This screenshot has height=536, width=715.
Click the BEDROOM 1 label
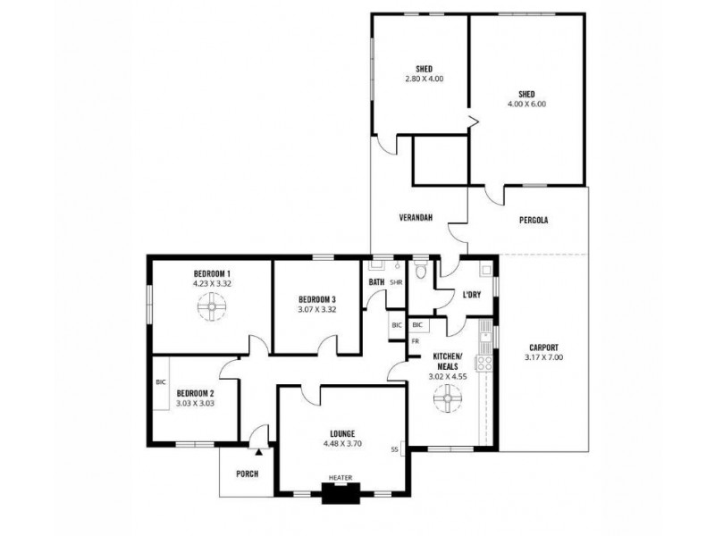tap(212, 273)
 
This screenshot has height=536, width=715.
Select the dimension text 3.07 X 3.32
tap(317, 309)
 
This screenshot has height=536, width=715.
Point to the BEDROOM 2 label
tap(194, 393)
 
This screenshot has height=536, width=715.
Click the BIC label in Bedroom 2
tap(160, 382)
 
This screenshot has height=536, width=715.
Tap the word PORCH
tap(246, 473)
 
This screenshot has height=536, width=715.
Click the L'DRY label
tap(471, 296)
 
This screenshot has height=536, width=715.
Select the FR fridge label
tap(415, 341)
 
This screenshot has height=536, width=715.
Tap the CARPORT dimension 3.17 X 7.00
tap(543, 357)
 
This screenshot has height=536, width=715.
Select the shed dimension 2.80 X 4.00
tap(424, 79)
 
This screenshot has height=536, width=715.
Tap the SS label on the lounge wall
tap(394, 448)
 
